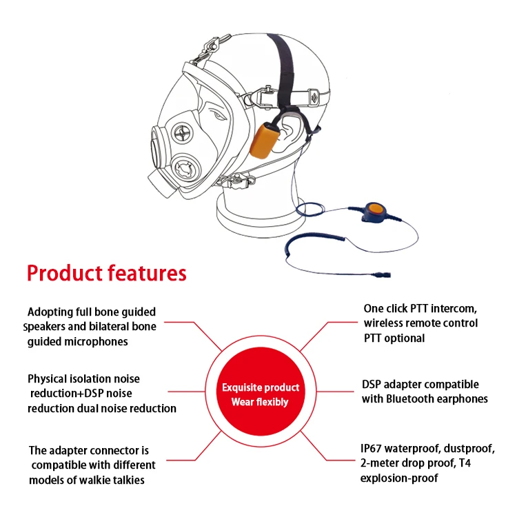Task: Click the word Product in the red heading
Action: point(65,273)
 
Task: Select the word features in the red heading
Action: point(148,273)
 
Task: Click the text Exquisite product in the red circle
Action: point(261,387)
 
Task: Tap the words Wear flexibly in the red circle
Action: point(260,402)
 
